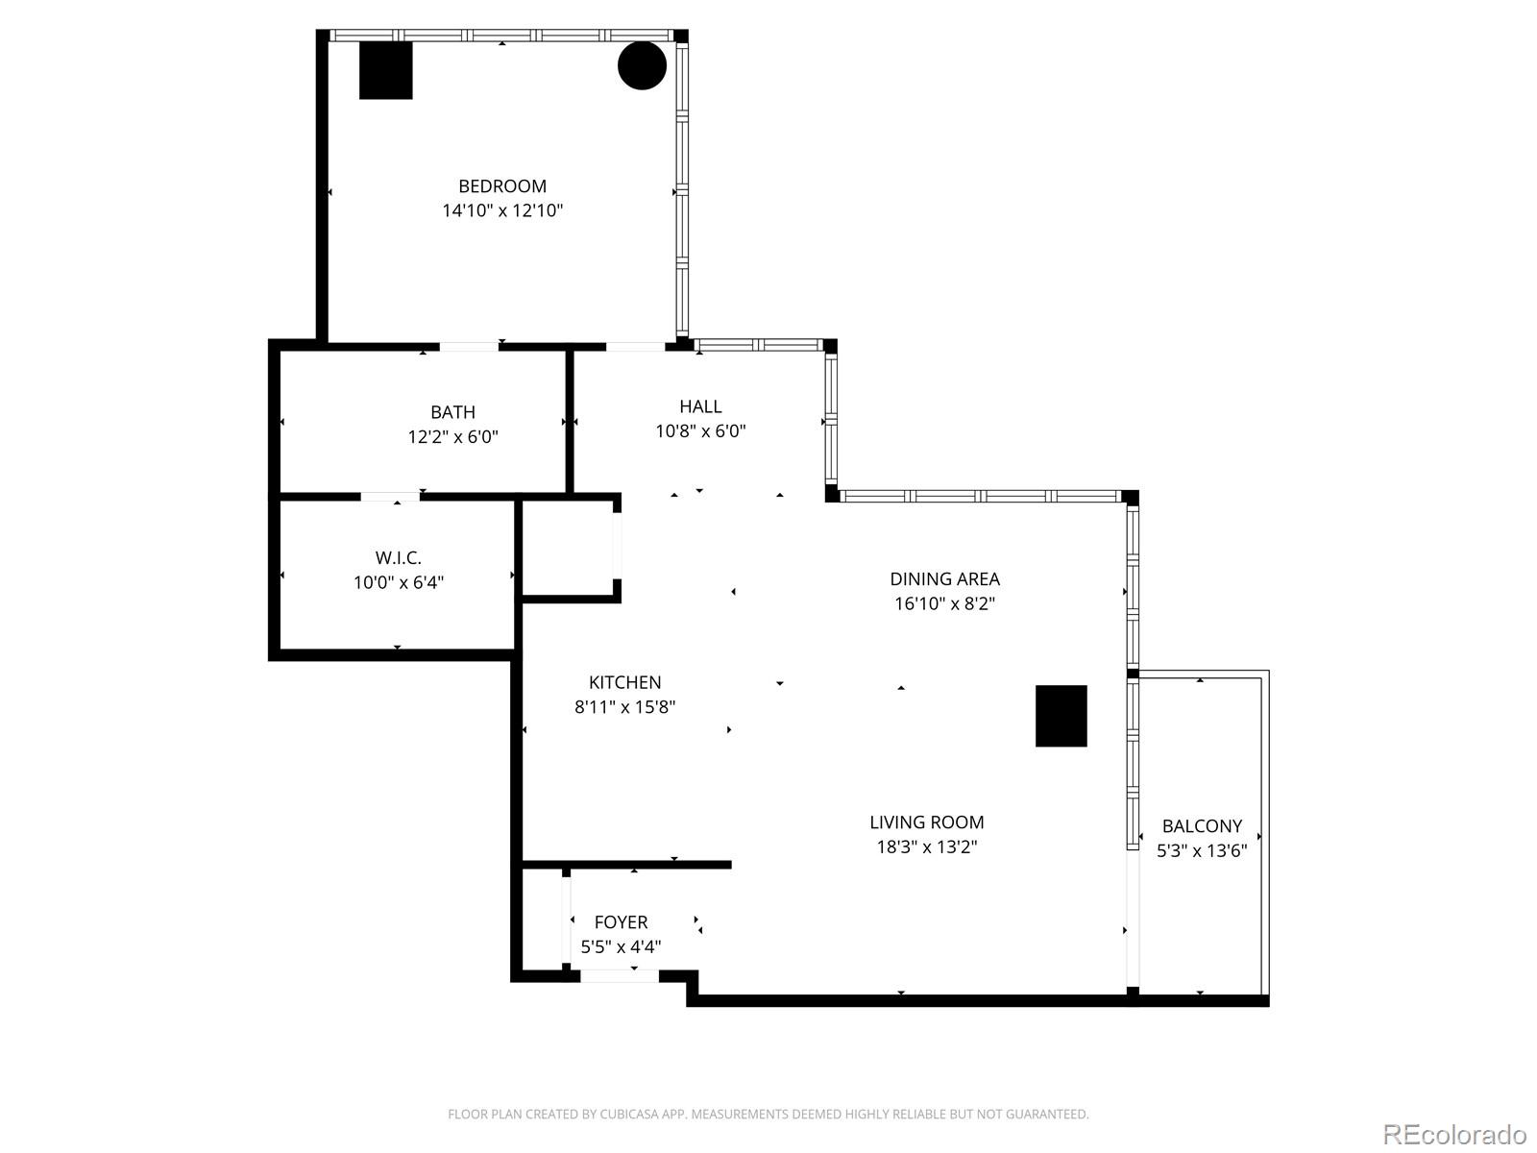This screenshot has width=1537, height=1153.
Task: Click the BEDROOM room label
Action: point(501,186)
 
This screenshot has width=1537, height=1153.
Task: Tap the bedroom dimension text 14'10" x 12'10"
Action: point(501,210)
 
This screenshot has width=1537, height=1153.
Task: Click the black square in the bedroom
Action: point(385,70)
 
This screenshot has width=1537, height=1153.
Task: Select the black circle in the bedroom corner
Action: point(642,65)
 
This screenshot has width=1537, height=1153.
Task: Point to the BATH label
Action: point(452,412)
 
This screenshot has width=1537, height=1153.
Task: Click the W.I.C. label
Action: point(398,557)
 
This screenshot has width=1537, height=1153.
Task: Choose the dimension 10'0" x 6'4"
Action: point(398,582)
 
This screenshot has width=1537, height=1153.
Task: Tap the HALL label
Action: point(700,406)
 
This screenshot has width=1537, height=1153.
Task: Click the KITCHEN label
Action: point(624,682)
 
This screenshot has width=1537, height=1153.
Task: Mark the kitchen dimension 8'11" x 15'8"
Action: point(624,707)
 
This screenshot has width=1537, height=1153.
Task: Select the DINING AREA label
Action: point(944,578)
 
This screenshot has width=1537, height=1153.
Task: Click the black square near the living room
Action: point(1061,716)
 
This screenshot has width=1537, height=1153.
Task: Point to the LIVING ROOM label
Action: point(926,822)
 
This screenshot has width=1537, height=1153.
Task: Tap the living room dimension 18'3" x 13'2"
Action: point(926,846)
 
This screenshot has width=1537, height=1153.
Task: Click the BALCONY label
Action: point(1202,826)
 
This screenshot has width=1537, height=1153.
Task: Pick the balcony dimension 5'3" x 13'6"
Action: point(1202,850)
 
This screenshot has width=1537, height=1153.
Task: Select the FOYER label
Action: point(621,922)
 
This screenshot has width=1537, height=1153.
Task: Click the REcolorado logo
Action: point(1454,1134)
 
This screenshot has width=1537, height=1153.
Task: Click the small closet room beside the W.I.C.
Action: point(568,549)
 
